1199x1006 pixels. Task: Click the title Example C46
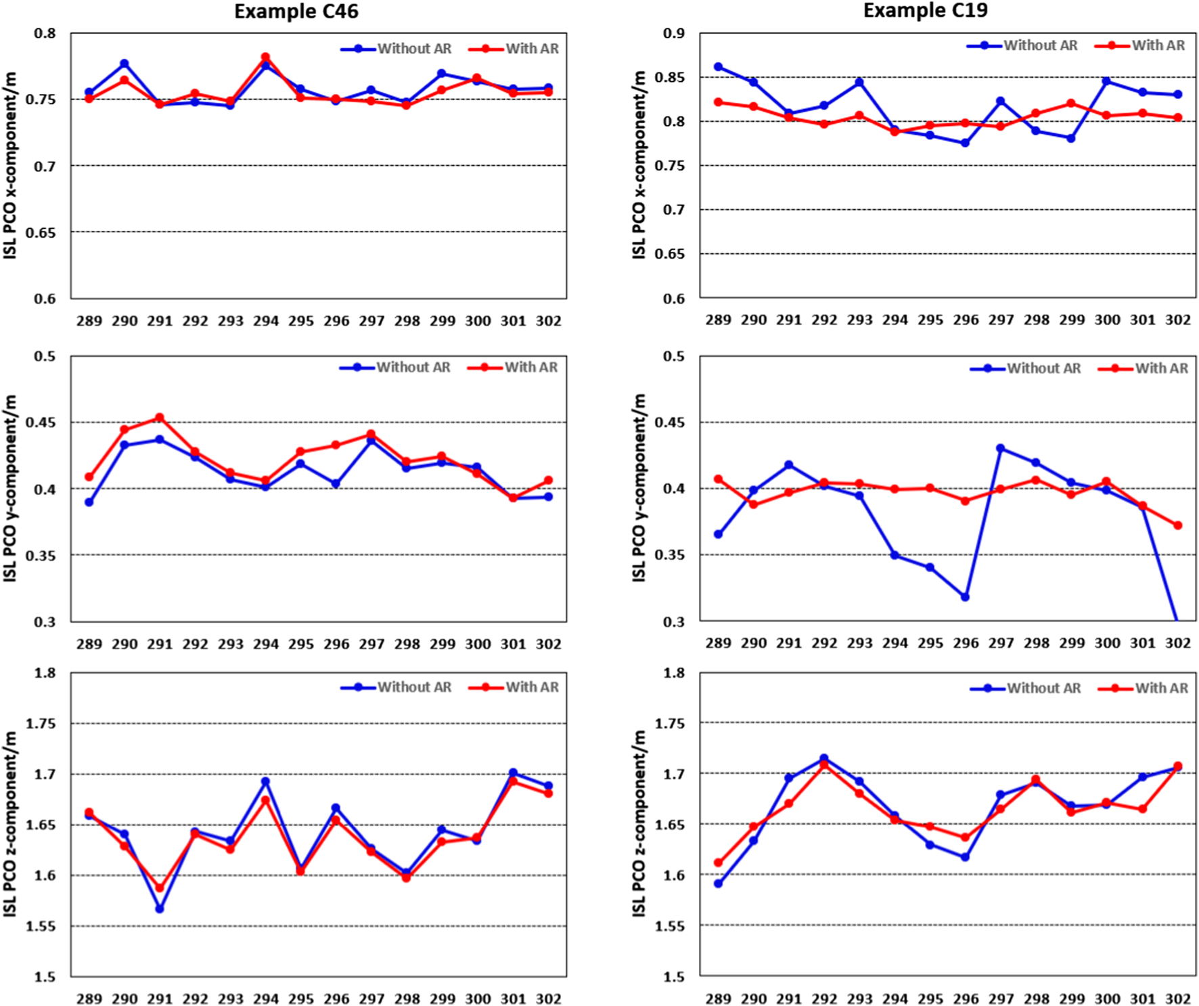point(296,12)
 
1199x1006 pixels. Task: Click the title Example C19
point(925,11)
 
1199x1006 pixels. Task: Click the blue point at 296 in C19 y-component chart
point(965,597)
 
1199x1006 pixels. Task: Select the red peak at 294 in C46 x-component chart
point(265,58)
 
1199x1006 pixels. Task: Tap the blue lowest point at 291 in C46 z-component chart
point(160,909)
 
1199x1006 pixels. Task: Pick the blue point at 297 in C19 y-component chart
point(1000,448)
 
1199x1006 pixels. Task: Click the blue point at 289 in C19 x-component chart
point(718,67)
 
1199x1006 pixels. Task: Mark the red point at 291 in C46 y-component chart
point(160,418)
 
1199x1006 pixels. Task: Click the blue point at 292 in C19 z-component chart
point(823,759)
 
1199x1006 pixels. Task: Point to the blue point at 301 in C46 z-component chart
point(513,772)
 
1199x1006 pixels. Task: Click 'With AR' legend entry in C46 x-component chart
point(532,49)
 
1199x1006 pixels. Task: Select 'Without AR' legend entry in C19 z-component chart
point(1043,688)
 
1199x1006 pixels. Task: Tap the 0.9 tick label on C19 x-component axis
point(673,33)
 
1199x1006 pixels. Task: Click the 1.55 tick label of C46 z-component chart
point(40,926)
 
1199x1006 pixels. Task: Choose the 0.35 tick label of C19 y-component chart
point(669,555)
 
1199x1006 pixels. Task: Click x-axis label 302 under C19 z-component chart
point(1177,999)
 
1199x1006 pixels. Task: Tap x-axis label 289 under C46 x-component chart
point(89,321)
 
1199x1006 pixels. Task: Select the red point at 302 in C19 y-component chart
point(1177,525)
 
